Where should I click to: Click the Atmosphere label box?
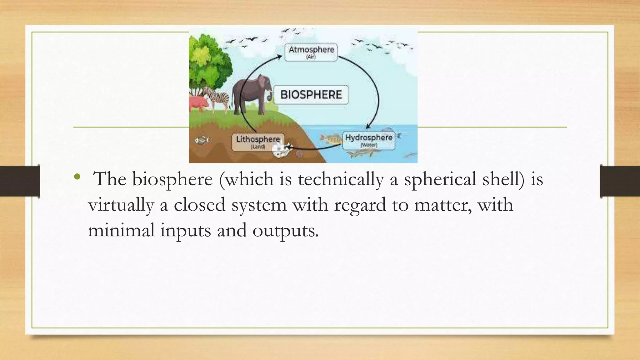click(x=311, y=52)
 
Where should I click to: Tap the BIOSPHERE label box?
click(x=311, y=94)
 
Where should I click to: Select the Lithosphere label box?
click(x=258, y=142)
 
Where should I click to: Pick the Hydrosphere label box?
click(x=369, y=140)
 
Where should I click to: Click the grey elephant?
click(x=252, y=94)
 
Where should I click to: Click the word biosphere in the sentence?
click(x=172, y=179)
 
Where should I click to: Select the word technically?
click(x=341, y=180)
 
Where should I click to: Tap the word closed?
click(x=199, y=205)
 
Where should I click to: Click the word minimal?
click(x=121, y=230)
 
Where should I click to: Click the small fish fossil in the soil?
click(x=202, y=140)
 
